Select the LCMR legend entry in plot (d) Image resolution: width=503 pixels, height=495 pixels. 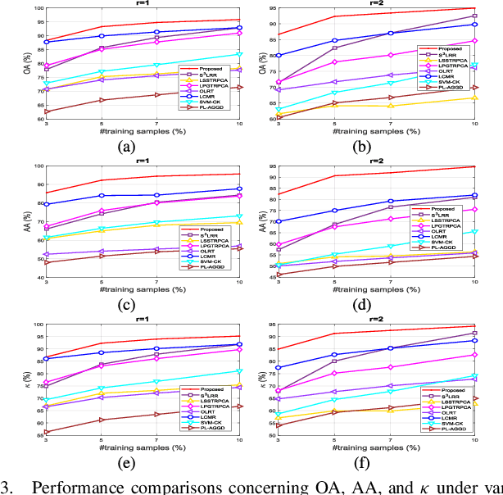point(448,236)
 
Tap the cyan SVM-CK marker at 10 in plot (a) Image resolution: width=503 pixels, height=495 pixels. point(239,54)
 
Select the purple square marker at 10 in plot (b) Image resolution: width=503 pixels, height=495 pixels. point(476,16)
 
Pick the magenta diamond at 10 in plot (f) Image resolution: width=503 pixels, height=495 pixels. point(476,355)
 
